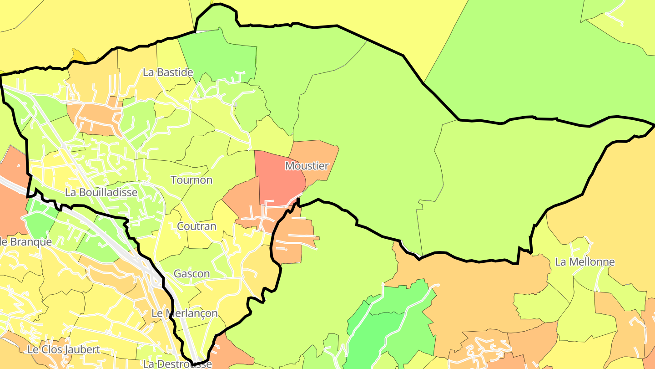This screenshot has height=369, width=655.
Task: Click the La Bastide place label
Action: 168,72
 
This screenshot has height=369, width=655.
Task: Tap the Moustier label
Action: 307,166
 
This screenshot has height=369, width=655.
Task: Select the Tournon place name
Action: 191,180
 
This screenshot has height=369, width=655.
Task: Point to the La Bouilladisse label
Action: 101,192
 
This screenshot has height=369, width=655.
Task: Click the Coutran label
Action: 196,226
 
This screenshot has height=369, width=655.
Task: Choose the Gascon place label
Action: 191,274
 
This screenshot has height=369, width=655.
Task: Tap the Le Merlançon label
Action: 184,313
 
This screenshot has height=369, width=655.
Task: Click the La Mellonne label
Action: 584,262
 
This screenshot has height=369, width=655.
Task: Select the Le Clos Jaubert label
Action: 64,350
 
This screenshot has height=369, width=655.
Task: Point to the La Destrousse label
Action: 177,364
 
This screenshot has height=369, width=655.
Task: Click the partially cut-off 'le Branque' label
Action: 25,242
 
